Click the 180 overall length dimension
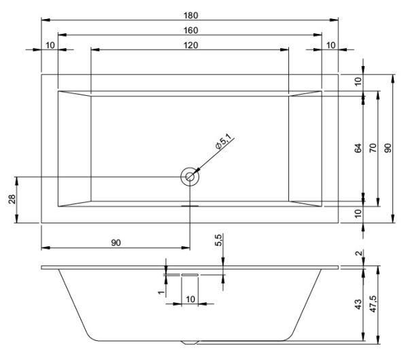[190, 14]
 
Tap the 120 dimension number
[190, 45]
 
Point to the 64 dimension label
[358, 148]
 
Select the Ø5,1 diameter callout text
[223, 144]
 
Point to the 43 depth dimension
[358, 304]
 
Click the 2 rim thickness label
[358, 255]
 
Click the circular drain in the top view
[190, 177]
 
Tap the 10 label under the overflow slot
[190, 299]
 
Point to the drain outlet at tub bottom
[190, 340]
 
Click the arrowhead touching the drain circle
[197, 170]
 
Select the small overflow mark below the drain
[190, 203]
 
